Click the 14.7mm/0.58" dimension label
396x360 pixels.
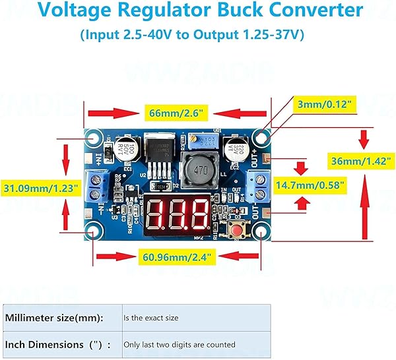[310, 186]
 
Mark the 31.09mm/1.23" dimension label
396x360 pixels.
[41, 189]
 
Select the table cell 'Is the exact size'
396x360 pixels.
[151, 318]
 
